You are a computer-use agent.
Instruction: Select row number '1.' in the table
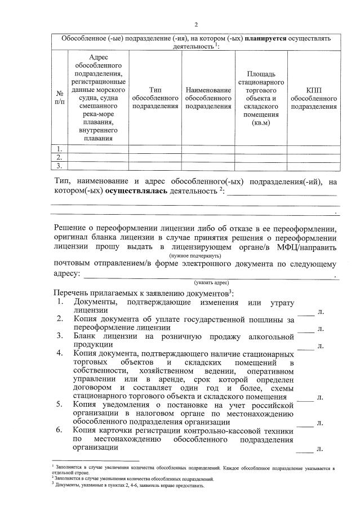point(59,149)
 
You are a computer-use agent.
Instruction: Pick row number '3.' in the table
point(59,166)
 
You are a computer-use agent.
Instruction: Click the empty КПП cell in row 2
point(314,157)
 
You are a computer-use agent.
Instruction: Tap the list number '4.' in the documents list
point(59,353)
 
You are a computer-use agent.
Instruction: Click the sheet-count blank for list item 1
point(305,311)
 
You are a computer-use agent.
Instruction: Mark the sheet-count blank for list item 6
point(305,449)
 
